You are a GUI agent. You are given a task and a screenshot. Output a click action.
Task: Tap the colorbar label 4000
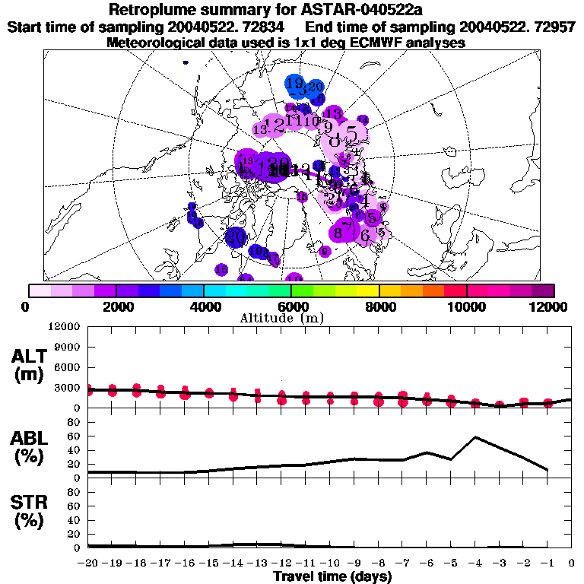point(203,306)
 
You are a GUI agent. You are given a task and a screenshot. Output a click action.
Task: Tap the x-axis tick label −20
point(88,563)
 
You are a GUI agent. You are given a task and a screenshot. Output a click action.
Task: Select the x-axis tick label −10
point(329,563)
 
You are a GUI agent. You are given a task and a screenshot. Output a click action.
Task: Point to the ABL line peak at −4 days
point(475,437)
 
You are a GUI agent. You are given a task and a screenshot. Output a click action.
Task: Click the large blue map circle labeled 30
point(236,237)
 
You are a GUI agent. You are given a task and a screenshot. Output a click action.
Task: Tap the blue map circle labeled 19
point(296,84)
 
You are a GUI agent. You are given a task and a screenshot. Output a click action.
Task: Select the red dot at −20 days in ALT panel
point(89,390)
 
